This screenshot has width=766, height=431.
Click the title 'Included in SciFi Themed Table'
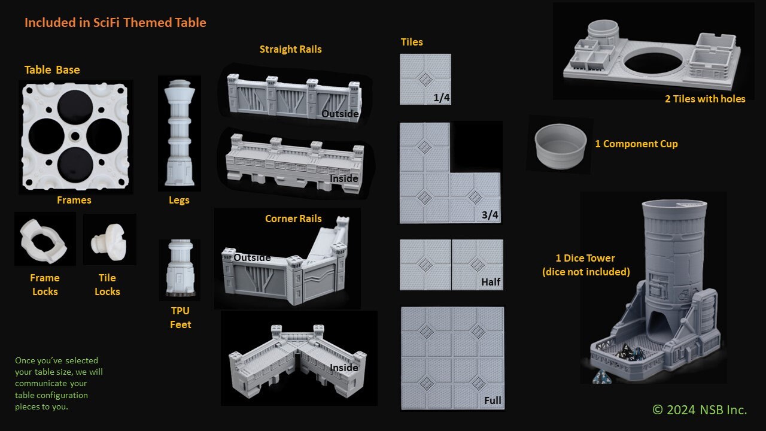[115, 23]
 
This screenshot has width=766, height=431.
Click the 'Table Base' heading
[52, 70]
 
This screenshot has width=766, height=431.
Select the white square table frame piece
[75, 136]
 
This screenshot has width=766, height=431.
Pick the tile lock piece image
[108, 239]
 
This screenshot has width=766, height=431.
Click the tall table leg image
[179, 132]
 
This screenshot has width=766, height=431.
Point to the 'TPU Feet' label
[180, 317]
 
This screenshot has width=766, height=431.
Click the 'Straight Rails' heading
[290, 49]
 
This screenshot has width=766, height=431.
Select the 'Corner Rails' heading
[293, 218]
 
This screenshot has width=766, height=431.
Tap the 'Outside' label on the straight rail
[340, 114]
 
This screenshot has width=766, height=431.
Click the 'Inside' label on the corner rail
[344, 368]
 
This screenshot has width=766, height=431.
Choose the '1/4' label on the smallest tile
[441, 98]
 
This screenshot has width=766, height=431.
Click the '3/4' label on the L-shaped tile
[490, 215]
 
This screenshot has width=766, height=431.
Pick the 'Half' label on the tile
[491, 282]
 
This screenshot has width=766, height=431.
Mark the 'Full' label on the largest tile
[493, 400]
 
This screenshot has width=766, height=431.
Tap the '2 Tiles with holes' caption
[705, 99]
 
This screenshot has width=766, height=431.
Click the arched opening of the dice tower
[660, 326]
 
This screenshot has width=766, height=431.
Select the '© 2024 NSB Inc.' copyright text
[699, 409]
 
